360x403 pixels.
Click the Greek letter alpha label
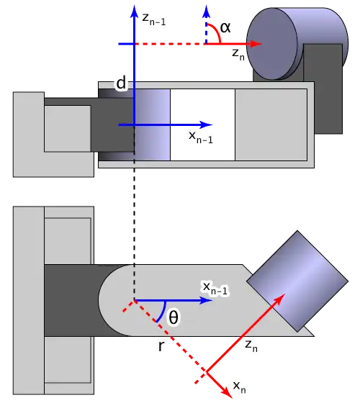click(x=225, y=27)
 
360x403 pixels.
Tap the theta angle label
click(x=174, y=317)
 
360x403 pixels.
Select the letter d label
click(x=121, y=83)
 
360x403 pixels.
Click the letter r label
click(x=161, y=346)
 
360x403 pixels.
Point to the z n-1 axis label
click(x=154, y=19)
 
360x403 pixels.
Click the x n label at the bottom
click(x=239, y=387)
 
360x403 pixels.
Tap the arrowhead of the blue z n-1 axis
click(x=134, y=12)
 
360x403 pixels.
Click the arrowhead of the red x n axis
click(x=226, y=392)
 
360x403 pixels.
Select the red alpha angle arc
click(x=216, y=30)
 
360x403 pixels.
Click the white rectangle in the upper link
click(x=202, y=125)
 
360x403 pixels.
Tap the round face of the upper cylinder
click(x=272, y=44)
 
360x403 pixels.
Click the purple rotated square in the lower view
click(x=297, y=281)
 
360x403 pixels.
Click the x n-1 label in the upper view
click(x=201, y=137)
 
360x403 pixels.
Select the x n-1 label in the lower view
click(x=215, y=288)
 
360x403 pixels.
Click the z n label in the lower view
click(x=251, y=345)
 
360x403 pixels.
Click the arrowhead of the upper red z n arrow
click(x=256, y=44)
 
